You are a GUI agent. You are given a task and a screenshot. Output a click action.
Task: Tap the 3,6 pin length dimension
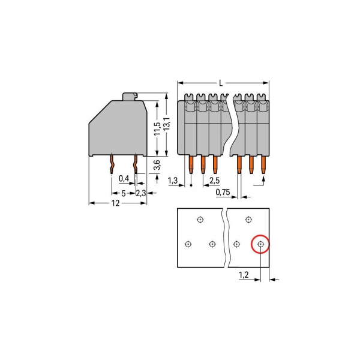(157, 166)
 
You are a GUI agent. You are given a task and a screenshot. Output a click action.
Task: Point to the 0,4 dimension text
(124, 179)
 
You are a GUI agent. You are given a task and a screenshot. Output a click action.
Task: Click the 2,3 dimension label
(140, 193)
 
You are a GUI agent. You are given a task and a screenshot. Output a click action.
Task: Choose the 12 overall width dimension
(116, 203)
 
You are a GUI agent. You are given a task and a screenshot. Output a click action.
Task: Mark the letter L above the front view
(221, 82)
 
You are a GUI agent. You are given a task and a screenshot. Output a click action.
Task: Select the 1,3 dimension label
(173, 180)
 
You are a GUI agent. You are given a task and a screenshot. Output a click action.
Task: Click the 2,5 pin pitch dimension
(215, 180)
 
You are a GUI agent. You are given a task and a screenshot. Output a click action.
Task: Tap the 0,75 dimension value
(223, 192)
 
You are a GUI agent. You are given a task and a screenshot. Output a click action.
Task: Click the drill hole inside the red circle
(260, 244)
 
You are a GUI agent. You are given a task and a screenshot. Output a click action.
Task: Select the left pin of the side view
(112, 164)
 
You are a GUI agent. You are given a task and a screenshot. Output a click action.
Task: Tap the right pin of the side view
(136, 164)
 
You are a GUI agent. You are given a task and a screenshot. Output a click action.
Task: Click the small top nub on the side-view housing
(130, 95)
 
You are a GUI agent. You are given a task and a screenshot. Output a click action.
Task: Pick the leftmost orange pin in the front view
(191, 166)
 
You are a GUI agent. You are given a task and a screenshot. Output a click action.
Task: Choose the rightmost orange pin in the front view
(263, 166)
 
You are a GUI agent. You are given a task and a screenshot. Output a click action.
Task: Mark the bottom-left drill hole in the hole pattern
(188, 244)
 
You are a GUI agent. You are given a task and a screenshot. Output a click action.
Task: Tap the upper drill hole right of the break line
(248, 220)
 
